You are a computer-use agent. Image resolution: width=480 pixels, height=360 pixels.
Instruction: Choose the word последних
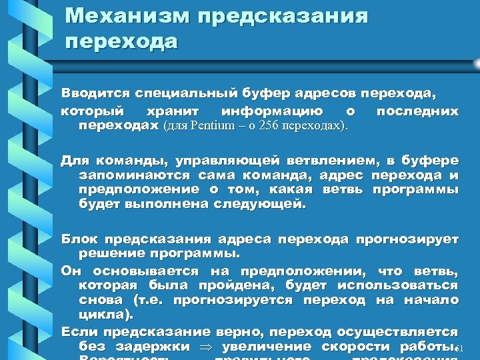417,110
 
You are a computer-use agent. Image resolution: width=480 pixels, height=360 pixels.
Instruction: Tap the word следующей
259,204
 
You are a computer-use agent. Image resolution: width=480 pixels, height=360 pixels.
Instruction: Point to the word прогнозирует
407,239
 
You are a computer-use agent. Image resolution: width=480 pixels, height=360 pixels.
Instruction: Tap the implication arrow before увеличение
206,346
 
